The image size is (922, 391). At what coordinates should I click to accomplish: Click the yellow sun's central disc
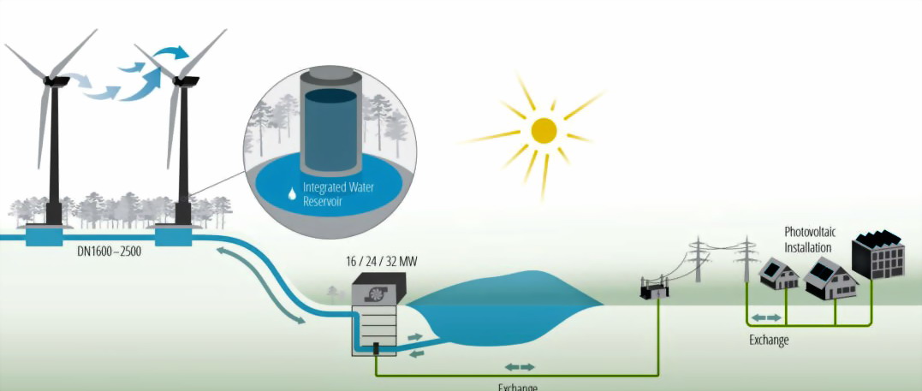[544, 130]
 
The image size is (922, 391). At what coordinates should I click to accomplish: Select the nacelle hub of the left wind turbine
[55, 80]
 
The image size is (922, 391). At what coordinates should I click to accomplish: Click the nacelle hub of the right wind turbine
[184, 81]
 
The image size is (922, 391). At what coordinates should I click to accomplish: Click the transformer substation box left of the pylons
[655, 291]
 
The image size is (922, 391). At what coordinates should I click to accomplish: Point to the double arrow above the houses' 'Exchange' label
[766, 317]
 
